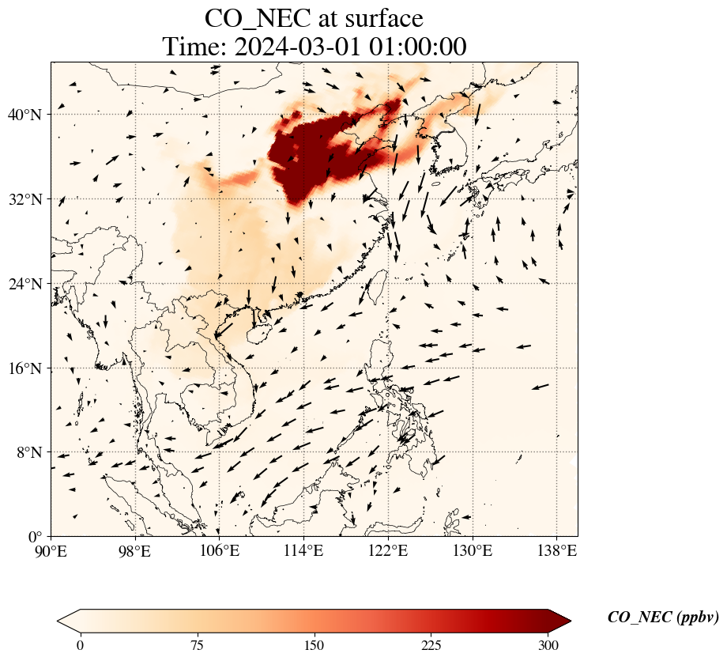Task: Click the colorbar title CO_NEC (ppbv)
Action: click(x=663, y=618)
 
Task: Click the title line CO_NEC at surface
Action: click(x=315, y=18)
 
